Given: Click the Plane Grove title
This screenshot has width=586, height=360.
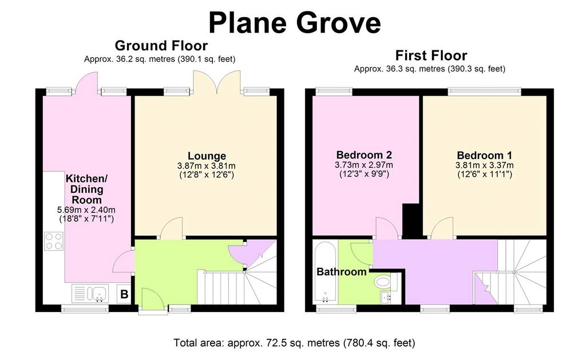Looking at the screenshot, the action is coord(295,23).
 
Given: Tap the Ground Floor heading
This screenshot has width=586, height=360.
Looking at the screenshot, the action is coord(161,46).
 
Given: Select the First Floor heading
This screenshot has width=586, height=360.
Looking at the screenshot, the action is coord(431,56).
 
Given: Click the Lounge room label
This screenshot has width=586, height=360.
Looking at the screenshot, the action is coord(207,156).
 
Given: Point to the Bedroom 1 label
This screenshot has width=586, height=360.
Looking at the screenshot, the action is coord(484,155).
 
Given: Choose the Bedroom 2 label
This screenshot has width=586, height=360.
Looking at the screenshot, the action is coord(364,155).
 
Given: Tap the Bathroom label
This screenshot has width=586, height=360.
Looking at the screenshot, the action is coord(342,271).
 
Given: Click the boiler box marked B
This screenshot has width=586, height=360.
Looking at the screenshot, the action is coord(124,294).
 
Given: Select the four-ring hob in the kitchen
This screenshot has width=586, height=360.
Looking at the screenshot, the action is coord(54,241).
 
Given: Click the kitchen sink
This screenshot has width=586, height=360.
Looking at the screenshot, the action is coord(90,294).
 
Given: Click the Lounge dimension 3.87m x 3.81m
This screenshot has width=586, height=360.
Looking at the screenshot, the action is coord(207,165).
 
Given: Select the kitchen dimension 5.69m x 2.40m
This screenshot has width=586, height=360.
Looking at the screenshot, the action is coord(86,209).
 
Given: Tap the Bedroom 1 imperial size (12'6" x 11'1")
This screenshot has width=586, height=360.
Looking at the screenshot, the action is coord(485,174).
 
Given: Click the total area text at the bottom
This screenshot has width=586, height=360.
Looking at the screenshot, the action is coord(294,342).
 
